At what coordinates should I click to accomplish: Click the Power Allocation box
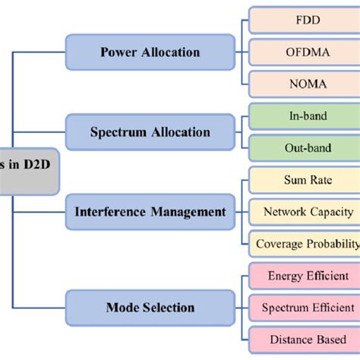click(x=150, y=52)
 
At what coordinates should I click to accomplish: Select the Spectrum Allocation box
click(x=150, y=132)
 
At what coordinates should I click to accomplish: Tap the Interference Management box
click(x=150, y=212)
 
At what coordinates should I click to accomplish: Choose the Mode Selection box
click(x=150, y=308)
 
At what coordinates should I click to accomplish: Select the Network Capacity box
click(x=307, y=212)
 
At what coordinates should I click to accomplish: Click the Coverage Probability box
click(x=307, y=243)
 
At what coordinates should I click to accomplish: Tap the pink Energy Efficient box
click(x=307, y=276)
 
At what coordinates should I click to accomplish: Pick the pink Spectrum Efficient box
click(x=307, y=308)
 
